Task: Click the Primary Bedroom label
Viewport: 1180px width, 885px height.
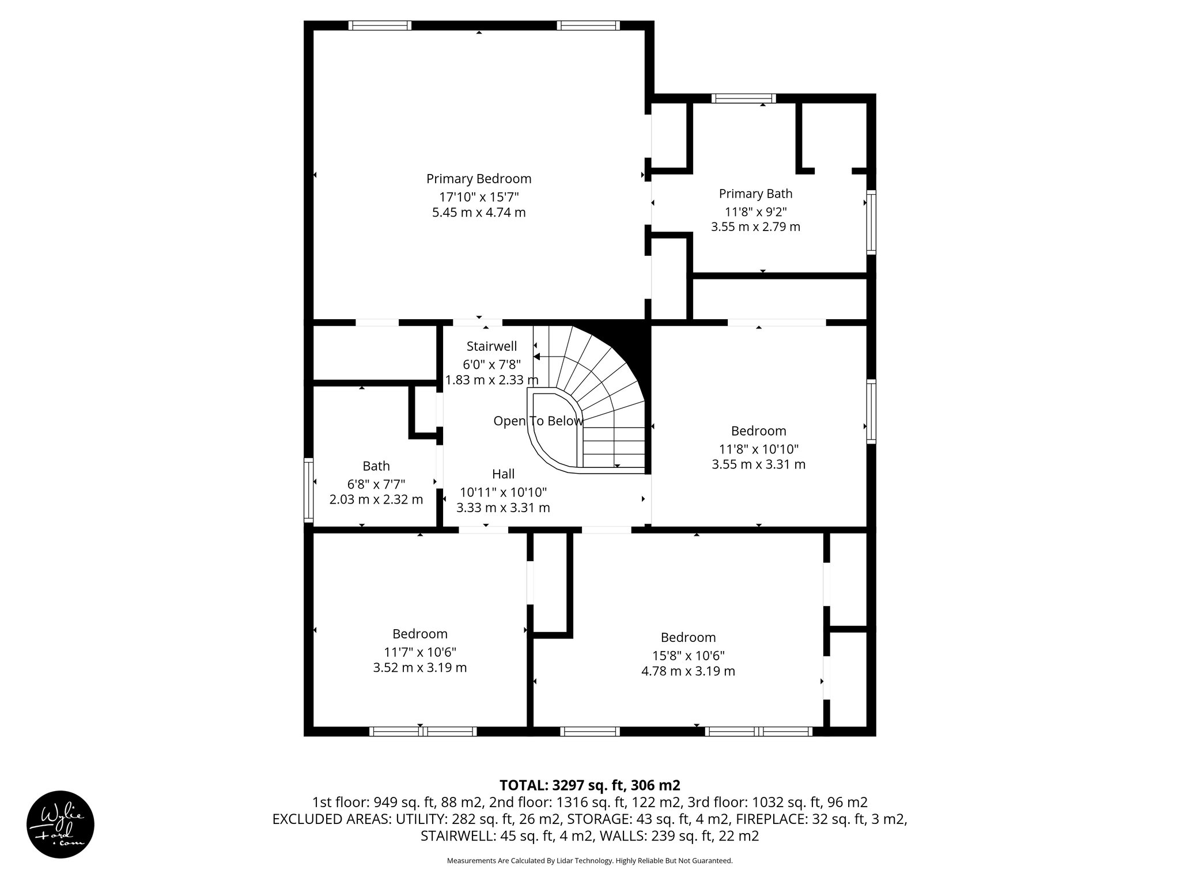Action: (479, 179)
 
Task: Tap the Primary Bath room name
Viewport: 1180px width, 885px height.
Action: (755, 194)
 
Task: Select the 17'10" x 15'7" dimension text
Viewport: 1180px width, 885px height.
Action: (479, 196)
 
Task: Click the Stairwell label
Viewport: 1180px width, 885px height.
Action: (491, 346)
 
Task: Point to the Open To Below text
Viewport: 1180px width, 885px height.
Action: (538, 421)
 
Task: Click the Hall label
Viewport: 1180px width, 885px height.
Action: (503, 474)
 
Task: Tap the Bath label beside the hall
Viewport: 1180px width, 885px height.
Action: (376, 466)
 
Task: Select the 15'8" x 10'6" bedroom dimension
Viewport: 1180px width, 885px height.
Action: (688, 655)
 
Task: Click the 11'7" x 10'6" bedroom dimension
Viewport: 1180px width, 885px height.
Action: (420, 652)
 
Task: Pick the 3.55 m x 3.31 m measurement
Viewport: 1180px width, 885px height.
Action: (758, 464)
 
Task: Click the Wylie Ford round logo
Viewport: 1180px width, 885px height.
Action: (60, 824)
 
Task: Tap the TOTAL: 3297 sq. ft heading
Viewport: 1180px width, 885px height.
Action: (589, 785)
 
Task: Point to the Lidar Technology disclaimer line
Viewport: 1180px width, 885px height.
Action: (589, 861)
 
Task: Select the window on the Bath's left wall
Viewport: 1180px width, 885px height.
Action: (308, 490)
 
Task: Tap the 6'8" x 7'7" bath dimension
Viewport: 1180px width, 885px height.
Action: (376, 483)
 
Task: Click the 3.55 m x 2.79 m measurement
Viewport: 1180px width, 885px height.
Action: (755, 227)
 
